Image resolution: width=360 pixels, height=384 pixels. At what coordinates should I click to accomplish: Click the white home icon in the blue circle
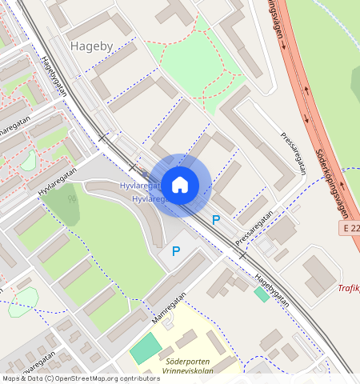pos(180,185)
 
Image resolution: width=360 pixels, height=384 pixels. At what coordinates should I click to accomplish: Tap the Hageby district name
pos(92,46)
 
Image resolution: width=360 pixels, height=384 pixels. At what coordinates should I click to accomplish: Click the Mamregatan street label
pos(169,307)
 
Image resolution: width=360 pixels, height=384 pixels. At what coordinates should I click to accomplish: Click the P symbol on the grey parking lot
pos(176,252)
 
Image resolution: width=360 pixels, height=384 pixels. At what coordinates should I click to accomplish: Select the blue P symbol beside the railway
pos(215,219)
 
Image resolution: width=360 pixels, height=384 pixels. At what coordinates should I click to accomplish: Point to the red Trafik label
pos(348,288)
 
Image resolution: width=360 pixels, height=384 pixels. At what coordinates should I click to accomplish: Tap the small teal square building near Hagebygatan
pos(262,294)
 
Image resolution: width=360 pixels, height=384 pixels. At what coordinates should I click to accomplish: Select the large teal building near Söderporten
pos(145,349)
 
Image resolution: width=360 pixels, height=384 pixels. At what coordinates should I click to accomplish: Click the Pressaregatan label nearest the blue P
pos(254,228)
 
